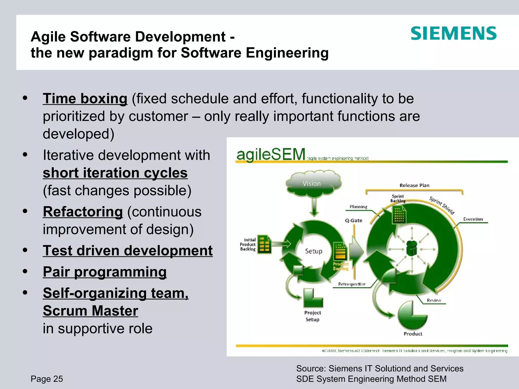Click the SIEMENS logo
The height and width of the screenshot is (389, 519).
453,33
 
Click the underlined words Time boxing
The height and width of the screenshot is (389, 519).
85,99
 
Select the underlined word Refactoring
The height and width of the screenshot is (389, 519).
83,212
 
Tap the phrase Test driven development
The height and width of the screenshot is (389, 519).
128,251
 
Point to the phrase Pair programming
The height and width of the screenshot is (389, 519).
105,272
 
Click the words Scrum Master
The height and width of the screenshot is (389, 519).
90,311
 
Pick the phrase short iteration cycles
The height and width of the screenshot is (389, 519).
115,173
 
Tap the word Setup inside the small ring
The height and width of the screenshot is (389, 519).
313,251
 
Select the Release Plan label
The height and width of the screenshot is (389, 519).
414,185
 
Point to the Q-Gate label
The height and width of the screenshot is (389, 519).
354,221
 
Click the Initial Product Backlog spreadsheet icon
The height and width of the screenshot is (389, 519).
264,245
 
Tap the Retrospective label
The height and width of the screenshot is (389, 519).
352,284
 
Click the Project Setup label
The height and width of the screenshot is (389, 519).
312,316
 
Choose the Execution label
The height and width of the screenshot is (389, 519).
473,219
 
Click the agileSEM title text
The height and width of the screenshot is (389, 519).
271,154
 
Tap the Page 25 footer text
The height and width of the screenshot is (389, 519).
47,379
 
